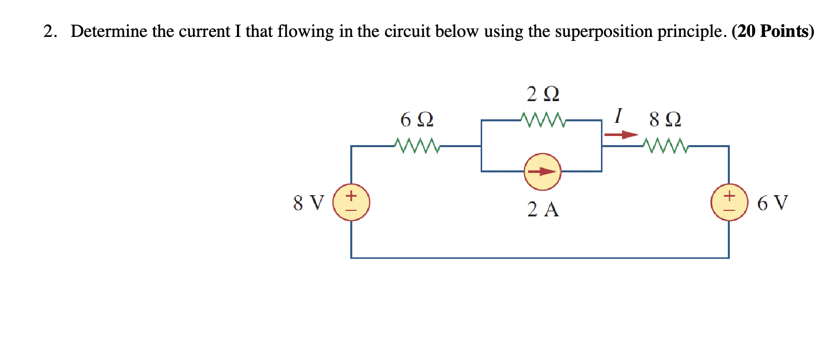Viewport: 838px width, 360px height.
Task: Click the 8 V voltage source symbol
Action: pos(351,202)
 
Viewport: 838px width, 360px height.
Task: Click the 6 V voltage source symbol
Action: pos(729,202)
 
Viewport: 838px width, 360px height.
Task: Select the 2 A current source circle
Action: pos(542,172)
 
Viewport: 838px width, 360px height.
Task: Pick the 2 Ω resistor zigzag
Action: pos(543,120)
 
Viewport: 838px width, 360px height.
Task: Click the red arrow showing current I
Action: pos(621,134)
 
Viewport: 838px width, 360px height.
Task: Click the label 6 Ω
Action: pos(417,120)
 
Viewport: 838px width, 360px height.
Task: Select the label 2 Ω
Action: pos(543,94)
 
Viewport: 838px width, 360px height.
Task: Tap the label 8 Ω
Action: pos(665,120)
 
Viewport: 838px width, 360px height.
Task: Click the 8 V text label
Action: pos(308,203)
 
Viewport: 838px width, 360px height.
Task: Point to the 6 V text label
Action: pos(772,203)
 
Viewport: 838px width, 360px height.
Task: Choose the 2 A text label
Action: pos(543,209)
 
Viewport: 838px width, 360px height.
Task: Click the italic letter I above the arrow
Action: pos(618,116)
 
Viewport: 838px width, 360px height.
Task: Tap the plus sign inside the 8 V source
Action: pos(351,195)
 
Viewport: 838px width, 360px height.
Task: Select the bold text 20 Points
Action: pos(773,31)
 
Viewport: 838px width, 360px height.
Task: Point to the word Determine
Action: pos(109,31)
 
